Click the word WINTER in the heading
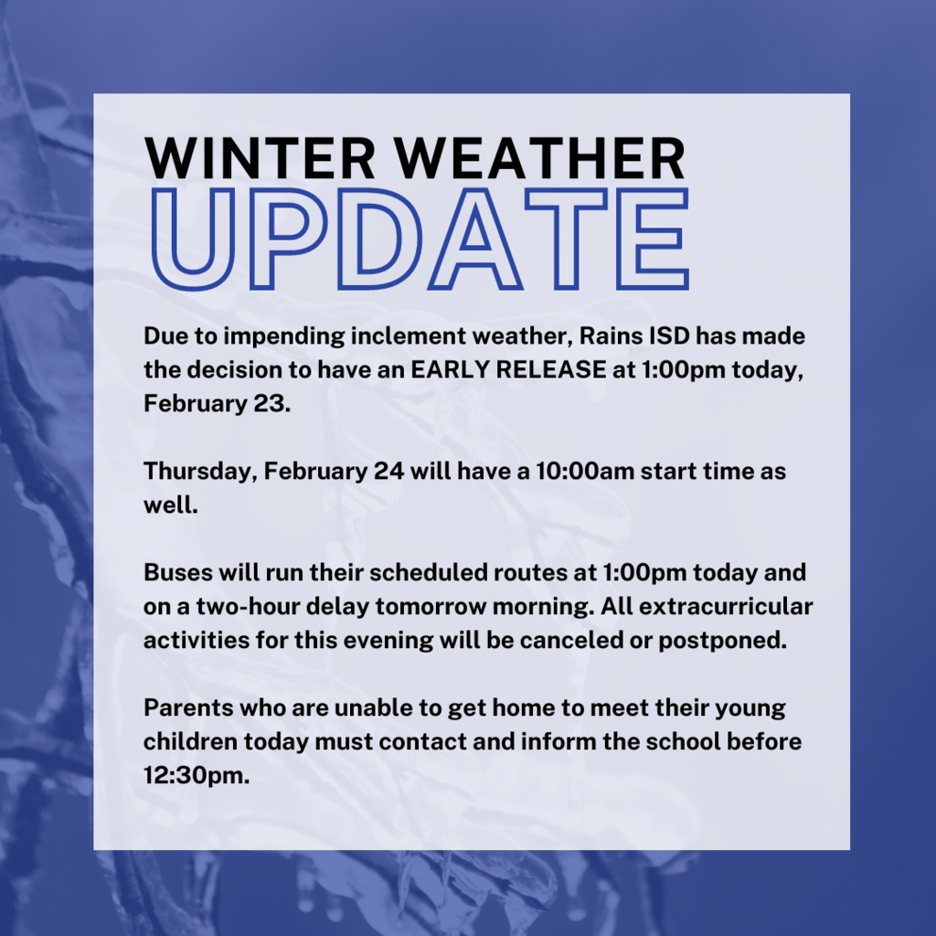260,158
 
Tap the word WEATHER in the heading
539,158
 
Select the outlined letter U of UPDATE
192,239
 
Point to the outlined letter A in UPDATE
475,239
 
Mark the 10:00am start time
584,472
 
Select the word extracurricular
726,607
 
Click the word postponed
722,642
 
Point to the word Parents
188,708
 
